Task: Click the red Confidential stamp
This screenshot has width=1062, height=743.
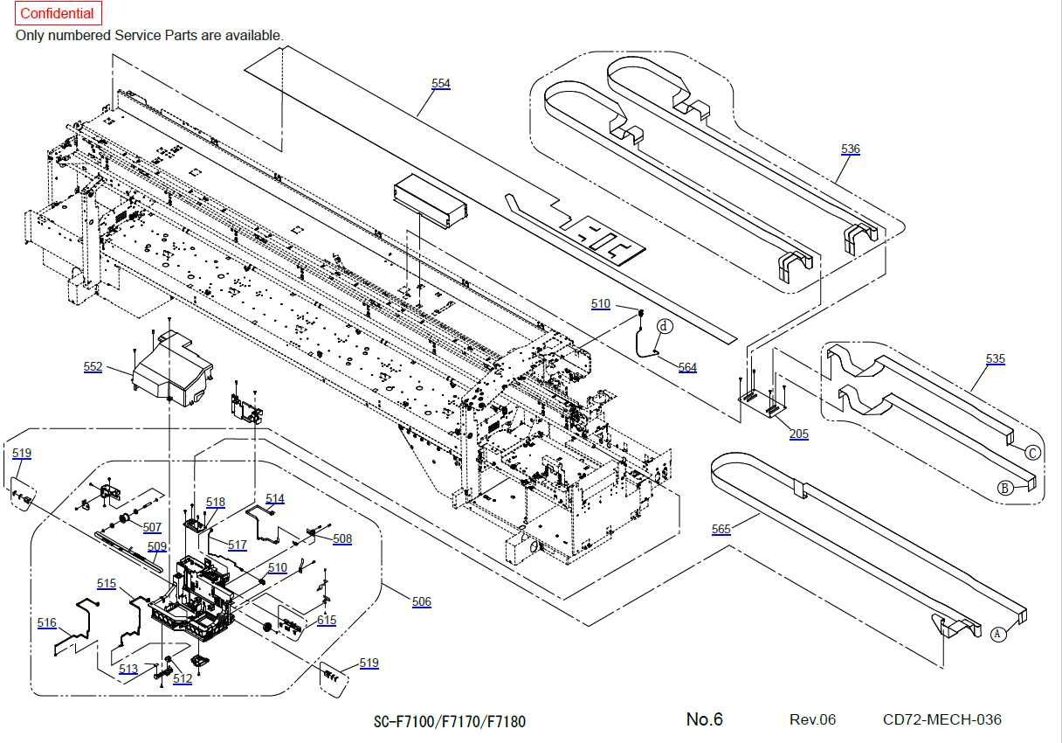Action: tap(58, 14)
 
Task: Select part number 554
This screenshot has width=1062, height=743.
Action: tap(441, 83)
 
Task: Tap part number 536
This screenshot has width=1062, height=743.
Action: tap(851, 149)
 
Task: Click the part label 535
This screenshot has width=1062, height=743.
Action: tap(995, 358)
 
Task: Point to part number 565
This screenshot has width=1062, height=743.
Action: tap(721, 529)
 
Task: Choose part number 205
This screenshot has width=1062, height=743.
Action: tap(798, 434)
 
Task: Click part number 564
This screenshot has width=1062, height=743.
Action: tap(687, 367)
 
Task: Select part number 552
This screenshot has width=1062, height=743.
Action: tap(93, 367)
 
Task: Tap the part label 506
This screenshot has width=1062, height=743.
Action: tap(421, 601)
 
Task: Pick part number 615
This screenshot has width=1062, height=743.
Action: tap(327, 620)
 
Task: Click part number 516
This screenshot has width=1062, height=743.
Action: tap(47, 622)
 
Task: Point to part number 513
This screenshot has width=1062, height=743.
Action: tap(128, 669)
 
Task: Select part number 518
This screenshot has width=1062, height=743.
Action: tap(216, 502)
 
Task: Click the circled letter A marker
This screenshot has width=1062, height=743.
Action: tap(999, 635)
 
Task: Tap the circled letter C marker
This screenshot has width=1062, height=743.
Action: tap(1031, 453)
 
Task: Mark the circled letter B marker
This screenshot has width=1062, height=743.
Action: tap(1006, 488)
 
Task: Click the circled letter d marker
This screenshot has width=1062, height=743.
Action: tap(665, 326)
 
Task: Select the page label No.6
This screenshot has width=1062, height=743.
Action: tap(704, 719)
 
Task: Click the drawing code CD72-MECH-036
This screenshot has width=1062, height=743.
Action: tap(942, 719)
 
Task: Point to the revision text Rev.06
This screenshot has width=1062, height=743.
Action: tap(812, 719)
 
